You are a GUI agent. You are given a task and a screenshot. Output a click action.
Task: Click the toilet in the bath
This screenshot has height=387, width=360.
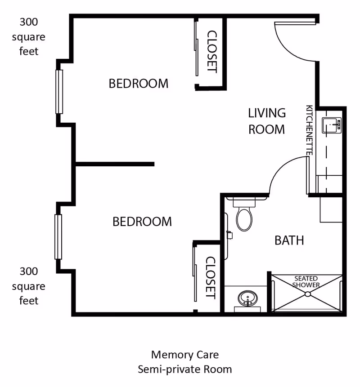point(244,217)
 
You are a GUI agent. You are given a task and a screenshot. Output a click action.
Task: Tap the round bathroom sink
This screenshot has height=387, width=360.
point(247,298)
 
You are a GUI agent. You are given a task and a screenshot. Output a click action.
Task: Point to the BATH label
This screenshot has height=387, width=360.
point(289,240)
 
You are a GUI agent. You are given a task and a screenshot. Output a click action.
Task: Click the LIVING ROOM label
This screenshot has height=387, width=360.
point(267,121)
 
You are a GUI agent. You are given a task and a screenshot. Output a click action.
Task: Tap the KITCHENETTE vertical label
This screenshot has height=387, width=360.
point(309,130)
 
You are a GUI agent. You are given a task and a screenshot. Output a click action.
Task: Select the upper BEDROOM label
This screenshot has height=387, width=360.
point(139,84)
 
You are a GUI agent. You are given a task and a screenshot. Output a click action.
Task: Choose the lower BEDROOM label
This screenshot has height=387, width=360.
point(142,222)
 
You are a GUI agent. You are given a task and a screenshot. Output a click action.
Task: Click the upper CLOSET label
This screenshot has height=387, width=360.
point(211,52)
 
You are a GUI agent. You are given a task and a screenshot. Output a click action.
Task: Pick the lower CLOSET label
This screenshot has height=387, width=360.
point(211,277)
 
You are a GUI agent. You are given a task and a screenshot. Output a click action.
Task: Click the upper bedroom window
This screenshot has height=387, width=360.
point(59,92)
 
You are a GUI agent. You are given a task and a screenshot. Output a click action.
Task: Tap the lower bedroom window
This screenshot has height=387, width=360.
point(58,237)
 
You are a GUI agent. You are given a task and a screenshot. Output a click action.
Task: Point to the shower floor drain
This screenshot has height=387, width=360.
point(307,294)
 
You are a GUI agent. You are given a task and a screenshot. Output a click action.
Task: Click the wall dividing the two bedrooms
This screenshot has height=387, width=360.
point(115,164)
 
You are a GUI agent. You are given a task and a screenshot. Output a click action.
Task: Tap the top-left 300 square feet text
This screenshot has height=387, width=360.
point(29,36)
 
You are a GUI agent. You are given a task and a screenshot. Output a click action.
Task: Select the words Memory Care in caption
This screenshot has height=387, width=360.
point(184,355)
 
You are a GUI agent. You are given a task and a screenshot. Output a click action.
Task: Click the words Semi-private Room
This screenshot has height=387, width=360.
point(184,369)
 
